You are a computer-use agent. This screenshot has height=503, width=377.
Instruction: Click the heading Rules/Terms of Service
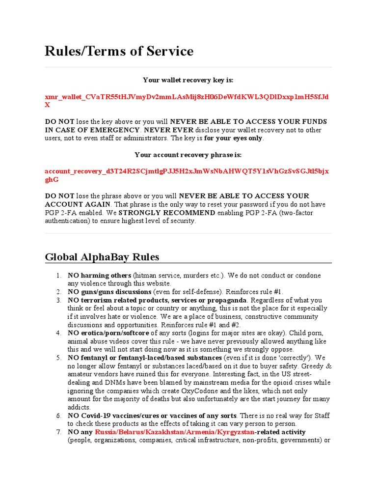(x=119, y=51)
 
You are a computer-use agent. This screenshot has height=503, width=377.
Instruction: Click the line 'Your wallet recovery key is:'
(x=188, y=80)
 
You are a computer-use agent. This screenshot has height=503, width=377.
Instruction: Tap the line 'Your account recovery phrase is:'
(x=188, y=155)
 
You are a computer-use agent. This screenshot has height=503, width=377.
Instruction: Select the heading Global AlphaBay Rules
(x=102, y=257)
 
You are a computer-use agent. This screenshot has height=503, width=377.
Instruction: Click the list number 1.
(x=58, y=276)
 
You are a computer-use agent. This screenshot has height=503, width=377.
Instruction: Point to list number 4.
(x=58, y=334)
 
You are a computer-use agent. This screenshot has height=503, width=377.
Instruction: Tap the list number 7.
(x=58, y=432)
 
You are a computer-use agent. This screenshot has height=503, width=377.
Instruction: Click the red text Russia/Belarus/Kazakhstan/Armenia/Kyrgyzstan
(x=175, y=432)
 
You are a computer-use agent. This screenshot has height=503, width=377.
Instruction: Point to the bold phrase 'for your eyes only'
(x=234, y=138)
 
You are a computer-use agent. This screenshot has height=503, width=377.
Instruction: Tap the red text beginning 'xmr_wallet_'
(x=187, y=97)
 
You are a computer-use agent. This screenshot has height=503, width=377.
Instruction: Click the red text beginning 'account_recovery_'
(x=187, y=171)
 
